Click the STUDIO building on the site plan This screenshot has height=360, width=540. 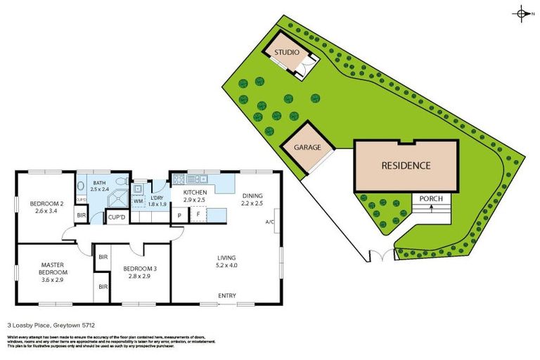click(x=286, y=53)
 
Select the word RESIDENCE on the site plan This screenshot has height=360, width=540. click(x=406, y=166)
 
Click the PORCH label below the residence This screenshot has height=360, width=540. click(x=430, y=199)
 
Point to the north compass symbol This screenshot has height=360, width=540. click(x=522, y=13)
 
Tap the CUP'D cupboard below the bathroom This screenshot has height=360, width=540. click(x=117, y=218)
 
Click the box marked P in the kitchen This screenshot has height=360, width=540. click(x=179, y=215)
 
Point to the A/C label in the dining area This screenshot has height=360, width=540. click(x=270, y=222)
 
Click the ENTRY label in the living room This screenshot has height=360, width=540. click(x=226, y=295)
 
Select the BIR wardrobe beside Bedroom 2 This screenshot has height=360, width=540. click(x=82, y=216)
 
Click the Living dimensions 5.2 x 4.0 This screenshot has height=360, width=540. click(x=226, y=266)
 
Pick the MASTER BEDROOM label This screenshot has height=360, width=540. click(x=53, y=268)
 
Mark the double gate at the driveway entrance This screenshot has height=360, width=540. click(x=380, y=256)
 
